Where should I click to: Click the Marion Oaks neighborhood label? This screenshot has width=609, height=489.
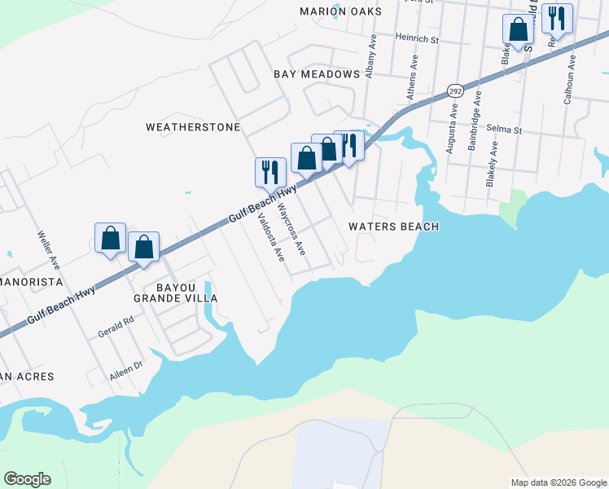pyautogui.click(x=340, y=11)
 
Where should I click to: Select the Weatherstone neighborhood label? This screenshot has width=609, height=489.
pyautogui.click(x=193, y=127)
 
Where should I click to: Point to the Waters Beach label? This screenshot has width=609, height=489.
pyautogui.click(x=394, y=227)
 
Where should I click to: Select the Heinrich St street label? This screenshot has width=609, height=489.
pyautogui.click(x=417, y=37)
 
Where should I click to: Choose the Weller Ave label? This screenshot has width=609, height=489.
pyautogui.click(x=48, y=249)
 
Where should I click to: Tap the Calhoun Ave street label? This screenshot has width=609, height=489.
pyautogui.click(x=570, y=80)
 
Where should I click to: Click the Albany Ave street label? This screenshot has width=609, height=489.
pyautogui.click(x=370, y=55)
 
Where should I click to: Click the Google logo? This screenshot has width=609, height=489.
pyautogui.click(x=27, y=479)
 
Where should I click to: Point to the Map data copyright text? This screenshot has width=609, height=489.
pyautogui.click(x=558, y=482)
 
